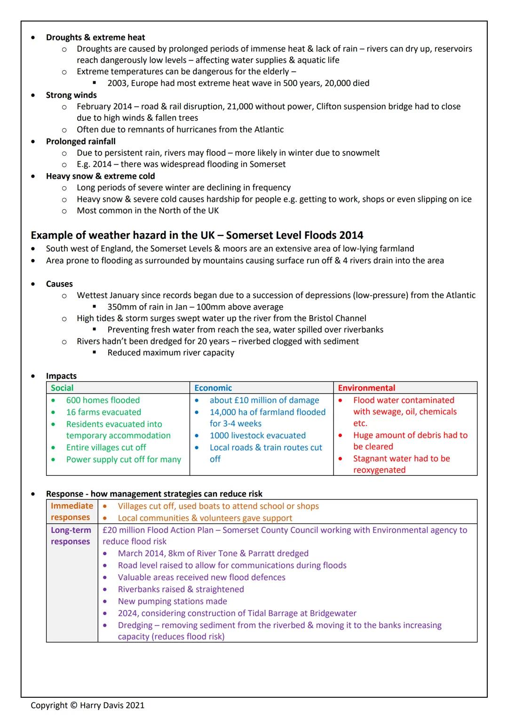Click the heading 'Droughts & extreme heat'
95,37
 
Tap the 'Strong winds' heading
71,95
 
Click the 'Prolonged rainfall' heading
80,142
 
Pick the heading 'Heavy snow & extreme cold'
100,176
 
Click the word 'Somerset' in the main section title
246,235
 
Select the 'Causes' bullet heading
59,284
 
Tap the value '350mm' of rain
120,307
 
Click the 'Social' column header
62,388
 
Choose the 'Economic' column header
213,388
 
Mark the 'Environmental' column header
366,388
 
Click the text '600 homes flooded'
103,400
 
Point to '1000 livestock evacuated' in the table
257,436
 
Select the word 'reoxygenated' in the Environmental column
379,470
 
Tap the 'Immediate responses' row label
71,512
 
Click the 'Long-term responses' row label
71,536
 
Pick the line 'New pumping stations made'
172,601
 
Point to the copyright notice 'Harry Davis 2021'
112,705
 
